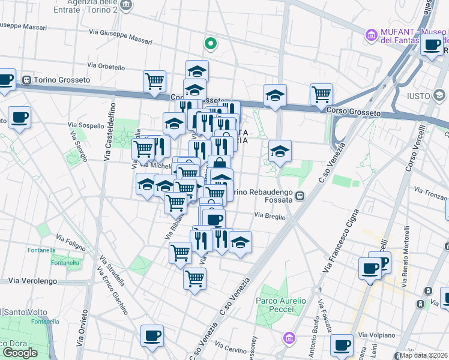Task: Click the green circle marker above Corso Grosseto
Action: (211, 43)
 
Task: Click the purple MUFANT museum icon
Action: (372, 35)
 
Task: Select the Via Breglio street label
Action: (270, 215)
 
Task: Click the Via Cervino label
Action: (231, 348)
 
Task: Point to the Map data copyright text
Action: (424, 355)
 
